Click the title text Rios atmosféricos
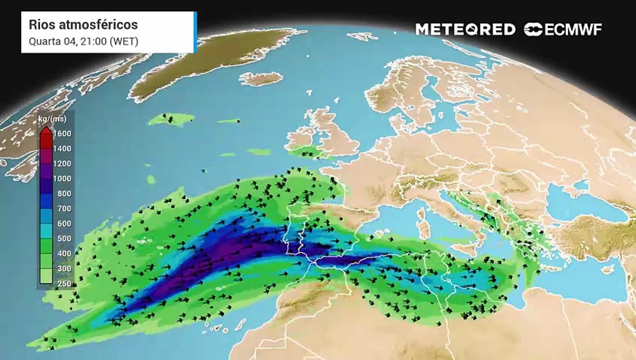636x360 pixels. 83,24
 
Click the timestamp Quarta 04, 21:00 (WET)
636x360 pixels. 83,41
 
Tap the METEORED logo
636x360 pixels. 465,29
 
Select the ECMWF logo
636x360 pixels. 563,29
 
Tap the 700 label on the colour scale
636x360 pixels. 64,208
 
